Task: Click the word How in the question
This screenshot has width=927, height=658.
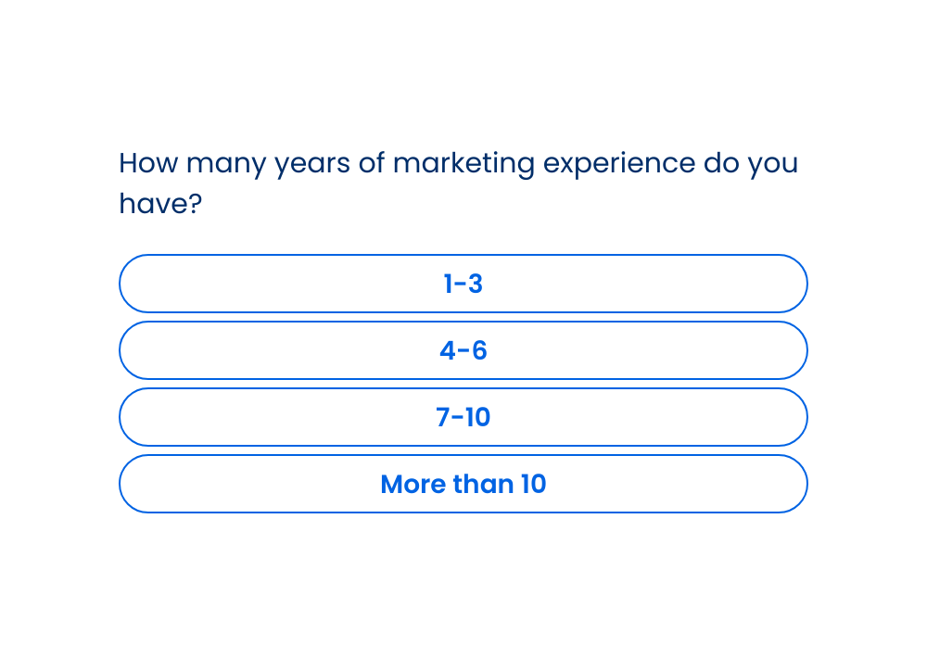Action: [148, 162]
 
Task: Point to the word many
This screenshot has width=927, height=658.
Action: [226, 166]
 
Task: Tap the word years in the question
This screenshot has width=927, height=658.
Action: [312, 166]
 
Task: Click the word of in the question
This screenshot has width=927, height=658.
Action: [372, 162]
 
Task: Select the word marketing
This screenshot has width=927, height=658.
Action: [464, 164]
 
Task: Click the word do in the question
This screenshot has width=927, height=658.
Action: [720, 162]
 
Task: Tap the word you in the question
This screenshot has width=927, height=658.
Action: [773, 166]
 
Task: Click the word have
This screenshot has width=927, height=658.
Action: [153, 203]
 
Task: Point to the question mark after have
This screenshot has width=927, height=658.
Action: [195, 203]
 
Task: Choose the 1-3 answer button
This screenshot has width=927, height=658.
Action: [463, 284]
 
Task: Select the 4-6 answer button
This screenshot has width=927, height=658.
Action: [463, 350]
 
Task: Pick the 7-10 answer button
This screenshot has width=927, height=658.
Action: [463, 417]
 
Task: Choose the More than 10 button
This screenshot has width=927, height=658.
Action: [463, 484]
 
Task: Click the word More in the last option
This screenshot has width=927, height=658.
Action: [413, 484]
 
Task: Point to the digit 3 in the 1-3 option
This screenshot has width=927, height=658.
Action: [476, 284]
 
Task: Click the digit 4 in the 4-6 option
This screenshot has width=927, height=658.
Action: [448, 350]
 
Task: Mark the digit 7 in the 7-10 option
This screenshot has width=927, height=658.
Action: [443, 417]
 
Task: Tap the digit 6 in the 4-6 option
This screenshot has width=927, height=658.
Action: [479, 350]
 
